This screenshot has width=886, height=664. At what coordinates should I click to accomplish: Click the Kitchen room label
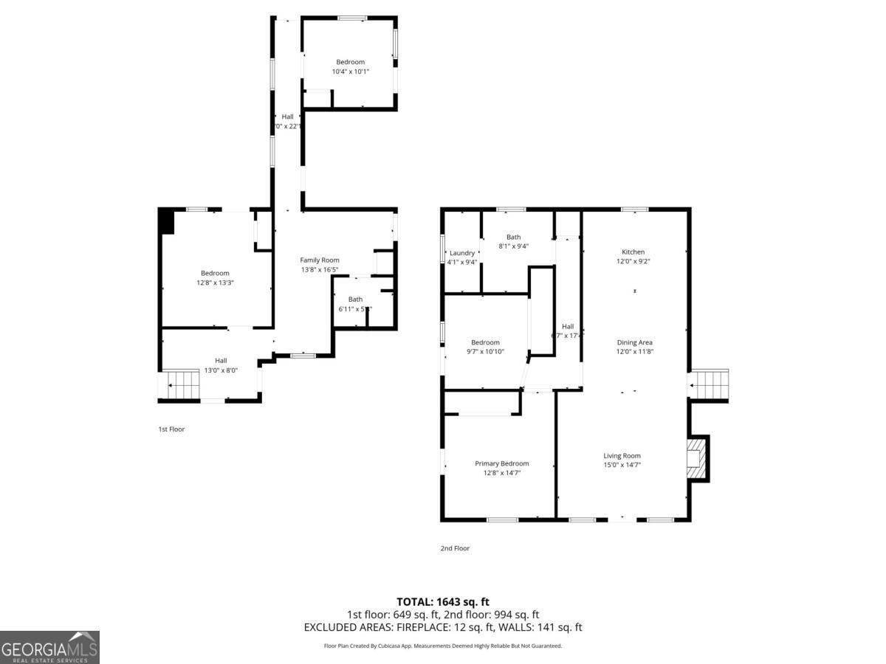click(633, 252)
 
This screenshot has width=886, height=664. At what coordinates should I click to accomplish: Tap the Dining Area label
click(634, 342)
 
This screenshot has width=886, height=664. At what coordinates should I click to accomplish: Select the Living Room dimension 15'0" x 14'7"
click(622, 465)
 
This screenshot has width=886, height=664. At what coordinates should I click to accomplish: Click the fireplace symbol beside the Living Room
click(696, 458)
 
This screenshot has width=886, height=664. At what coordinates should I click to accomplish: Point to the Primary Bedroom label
click(501, 463)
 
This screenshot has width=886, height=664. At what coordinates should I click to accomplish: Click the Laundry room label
click(462, 253)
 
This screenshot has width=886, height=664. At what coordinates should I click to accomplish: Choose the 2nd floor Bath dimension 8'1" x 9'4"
click(513, 246)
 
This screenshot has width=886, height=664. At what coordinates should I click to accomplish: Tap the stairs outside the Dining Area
click(709, 385)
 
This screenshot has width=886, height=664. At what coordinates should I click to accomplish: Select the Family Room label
click(320, 260)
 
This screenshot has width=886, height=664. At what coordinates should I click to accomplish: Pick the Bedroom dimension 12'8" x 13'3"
click(215, 283)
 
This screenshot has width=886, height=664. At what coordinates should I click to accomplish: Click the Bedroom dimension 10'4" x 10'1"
click(350, 72)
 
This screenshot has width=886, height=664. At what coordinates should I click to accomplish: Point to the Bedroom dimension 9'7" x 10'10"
click(485, 352)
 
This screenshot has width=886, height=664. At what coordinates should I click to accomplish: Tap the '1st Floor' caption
click(171, 429)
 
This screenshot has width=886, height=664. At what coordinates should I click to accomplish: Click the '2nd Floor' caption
click(455, 548)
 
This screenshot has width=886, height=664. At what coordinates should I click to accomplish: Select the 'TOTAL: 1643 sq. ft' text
click(443, 602)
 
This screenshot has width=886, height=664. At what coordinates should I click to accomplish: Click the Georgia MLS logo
click(49, 647)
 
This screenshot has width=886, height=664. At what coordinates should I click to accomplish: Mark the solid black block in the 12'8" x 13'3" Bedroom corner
click(166, 221)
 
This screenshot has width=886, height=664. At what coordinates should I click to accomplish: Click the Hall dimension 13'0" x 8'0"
click(221, 370)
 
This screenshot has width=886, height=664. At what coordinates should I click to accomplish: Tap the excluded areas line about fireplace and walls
click(443, 627)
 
